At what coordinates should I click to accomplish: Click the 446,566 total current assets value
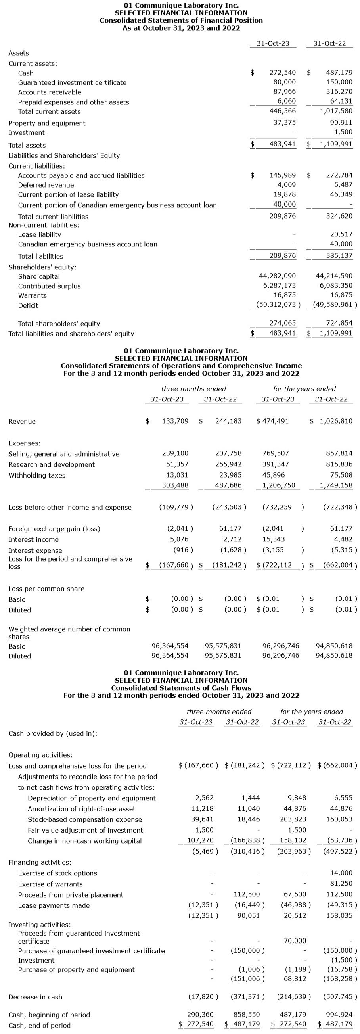(283, 111)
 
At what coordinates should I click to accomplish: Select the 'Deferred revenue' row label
(46, 185)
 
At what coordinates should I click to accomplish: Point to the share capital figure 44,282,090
(277, 276)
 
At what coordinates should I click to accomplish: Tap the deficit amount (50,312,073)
(278, 304)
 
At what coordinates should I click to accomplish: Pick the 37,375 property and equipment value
(285, 123)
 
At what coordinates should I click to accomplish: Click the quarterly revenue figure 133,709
(175, 421)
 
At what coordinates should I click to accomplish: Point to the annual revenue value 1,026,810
(336, 421)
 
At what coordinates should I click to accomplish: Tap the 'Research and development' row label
(52, 464)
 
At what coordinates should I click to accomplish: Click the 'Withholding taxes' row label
(36, 475)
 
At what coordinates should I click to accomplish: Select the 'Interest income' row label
(33, 539)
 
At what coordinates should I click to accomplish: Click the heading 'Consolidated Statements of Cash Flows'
(181, 688)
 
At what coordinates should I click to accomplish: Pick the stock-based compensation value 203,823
(293, 819)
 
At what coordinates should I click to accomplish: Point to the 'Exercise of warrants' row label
(50, 884)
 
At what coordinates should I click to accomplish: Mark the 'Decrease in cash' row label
(35, 997)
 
